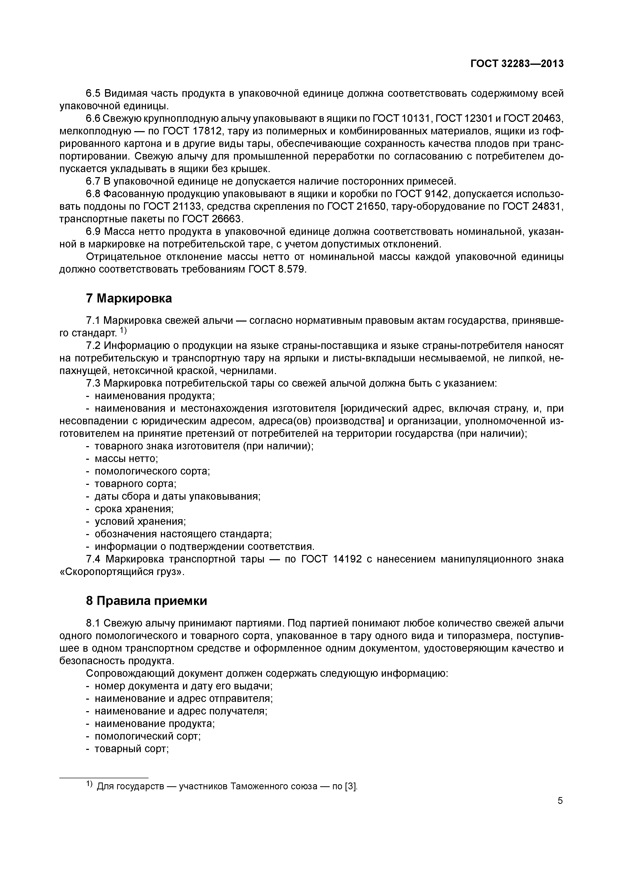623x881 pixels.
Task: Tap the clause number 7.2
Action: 93,346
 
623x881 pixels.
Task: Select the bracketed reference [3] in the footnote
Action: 351,787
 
